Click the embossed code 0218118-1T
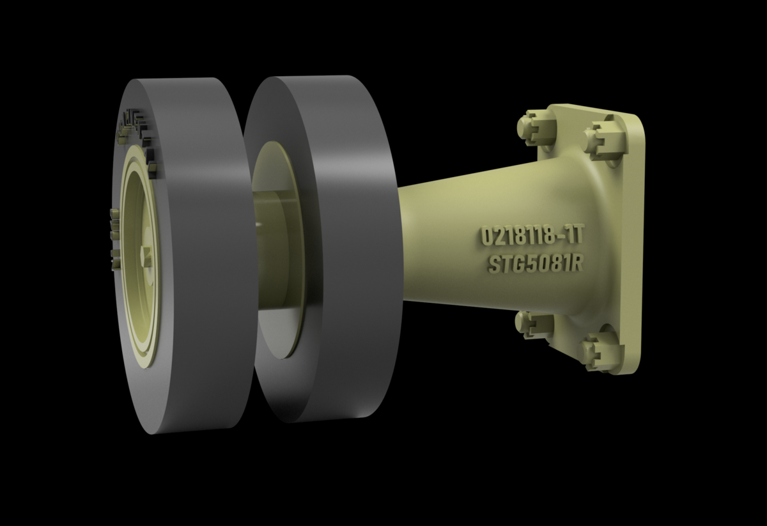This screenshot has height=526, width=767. [532, 236]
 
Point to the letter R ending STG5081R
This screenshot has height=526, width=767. [577, 264]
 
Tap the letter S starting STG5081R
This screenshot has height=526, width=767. [494, 266]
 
